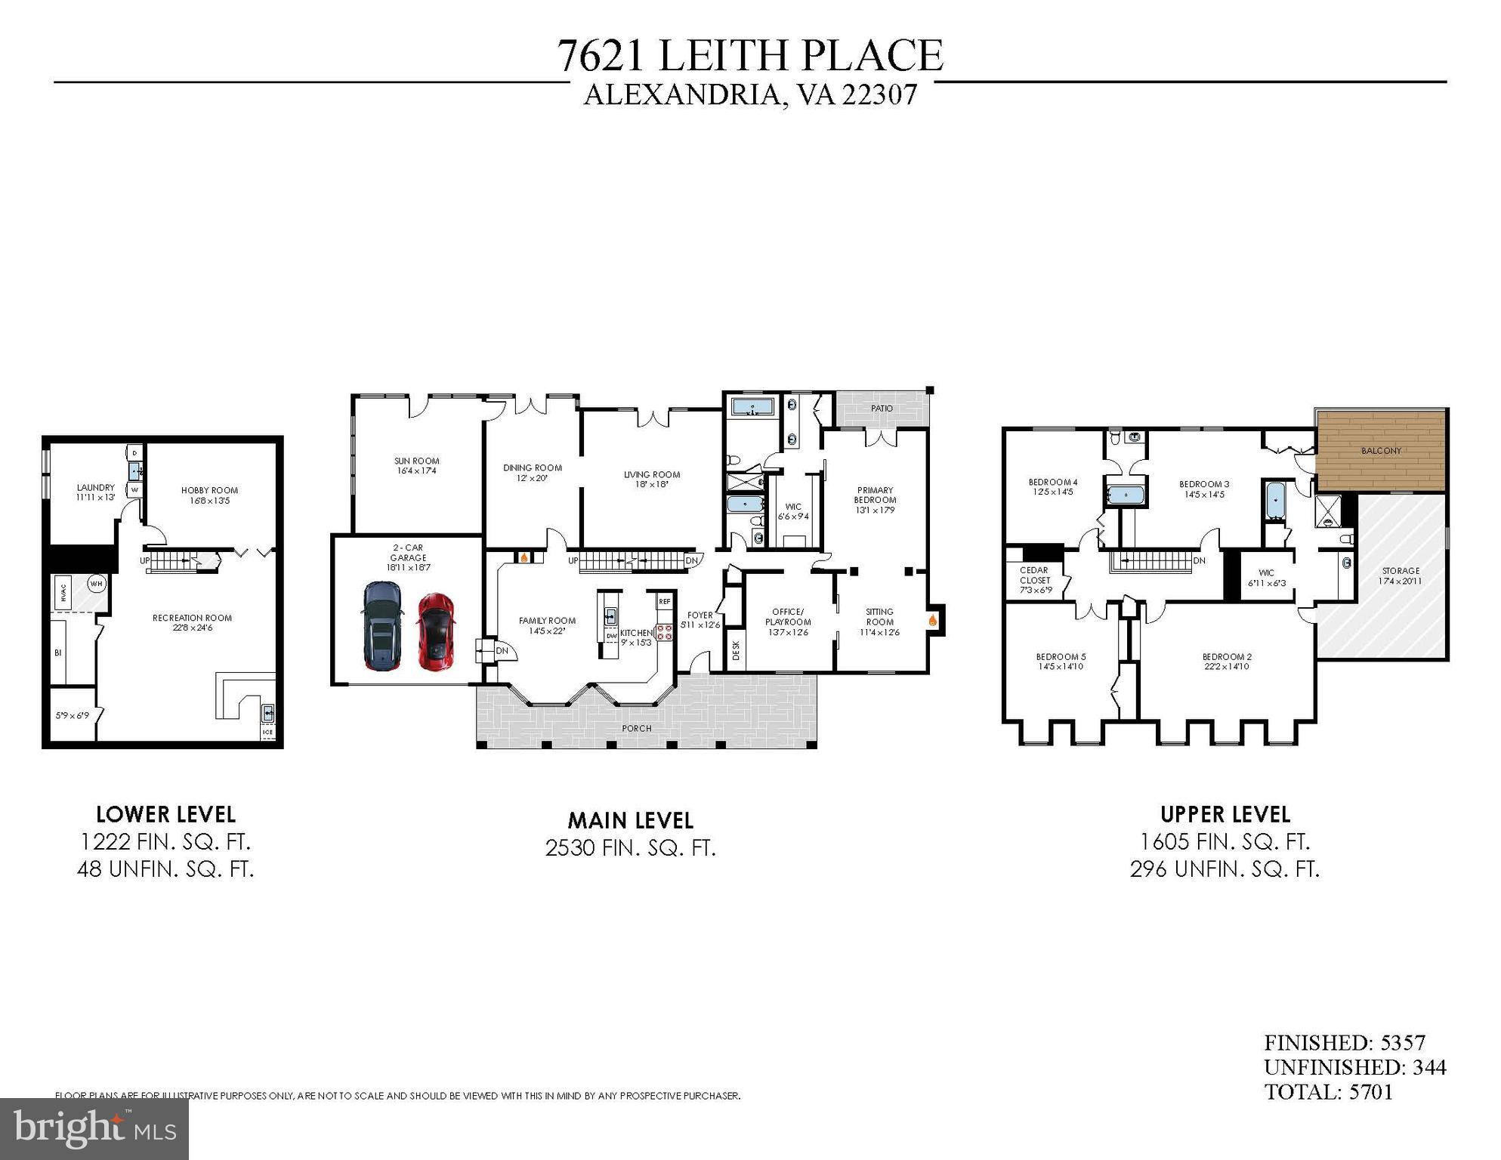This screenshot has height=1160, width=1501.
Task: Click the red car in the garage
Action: (436, 631)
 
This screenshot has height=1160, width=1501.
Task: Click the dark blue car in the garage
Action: (383, 625)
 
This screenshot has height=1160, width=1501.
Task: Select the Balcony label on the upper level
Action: (1381, 451)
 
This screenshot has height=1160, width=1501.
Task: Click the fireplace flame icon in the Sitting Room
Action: (933, 620)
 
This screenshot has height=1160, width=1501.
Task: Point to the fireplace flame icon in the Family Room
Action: (523, 558)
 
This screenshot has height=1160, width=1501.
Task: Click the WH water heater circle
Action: (96, 583)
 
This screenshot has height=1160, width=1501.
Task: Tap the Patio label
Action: (882, 409)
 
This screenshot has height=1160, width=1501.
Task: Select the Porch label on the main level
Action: (636, 728)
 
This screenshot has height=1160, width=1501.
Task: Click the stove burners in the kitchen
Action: (664, 632)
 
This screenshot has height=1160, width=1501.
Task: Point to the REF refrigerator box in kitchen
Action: (664, 601)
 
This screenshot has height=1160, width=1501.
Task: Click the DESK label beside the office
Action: (736, 650)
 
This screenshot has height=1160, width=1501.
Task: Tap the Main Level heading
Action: (630, 820)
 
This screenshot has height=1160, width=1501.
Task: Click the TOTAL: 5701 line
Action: (1328, 1092)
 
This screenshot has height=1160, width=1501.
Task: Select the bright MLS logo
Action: (94, 1129)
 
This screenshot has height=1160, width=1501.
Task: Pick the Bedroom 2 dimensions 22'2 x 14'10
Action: (1226, 667)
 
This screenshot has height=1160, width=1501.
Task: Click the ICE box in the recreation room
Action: (267, 732)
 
